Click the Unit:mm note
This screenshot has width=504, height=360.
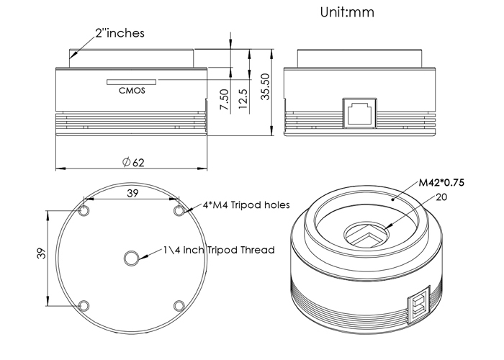(x=347, y=12)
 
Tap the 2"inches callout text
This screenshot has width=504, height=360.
(x=120, y=33)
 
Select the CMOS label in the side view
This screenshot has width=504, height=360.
(x=132, y=91)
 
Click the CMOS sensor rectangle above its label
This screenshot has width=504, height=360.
(x=132, y=82)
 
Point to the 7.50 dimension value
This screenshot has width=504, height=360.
(x=225, y=99)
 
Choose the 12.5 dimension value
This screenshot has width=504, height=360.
(x=243, y=99)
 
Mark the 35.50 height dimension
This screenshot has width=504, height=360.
(x=266, y=87)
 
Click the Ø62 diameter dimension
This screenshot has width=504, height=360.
(x=133, y=162)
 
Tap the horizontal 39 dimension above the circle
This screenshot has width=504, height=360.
(x=132, y=193)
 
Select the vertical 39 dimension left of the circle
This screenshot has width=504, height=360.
(x=42, y=253)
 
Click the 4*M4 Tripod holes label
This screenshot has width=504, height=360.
(x=246, y=204)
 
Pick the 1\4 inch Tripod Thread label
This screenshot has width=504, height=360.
(x=219, y=250)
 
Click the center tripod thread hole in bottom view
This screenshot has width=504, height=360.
(x=132, y=258)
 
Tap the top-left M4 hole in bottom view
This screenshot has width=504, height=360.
(x=84, y=211)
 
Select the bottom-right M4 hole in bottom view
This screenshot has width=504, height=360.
(x=179, y=306)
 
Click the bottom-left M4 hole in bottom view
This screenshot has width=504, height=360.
(x=84, y=306)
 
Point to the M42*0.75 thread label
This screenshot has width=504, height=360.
(x=441, y=183)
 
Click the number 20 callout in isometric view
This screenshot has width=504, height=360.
(x=441, y=197)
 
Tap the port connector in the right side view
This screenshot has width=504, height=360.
(x=360, y=113)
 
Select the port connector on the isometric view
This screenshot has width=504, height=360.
(x=419, y=305)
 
